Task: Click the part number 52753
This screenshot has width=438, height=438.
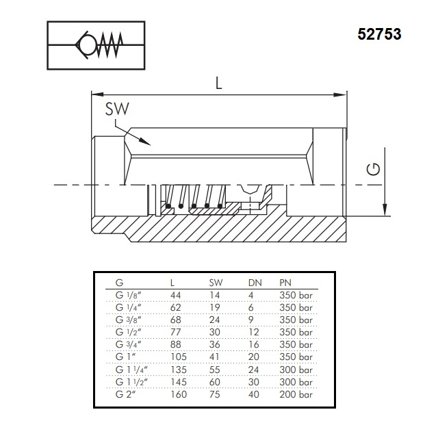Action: click(379, 34)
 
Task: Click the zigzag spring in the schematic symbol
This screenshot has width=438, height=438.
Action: click(109, 44)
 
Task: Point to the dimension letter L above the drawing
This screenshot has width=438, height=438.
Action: click(219, 83)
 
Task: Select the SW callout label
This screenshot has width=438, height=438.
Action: click(117, 109)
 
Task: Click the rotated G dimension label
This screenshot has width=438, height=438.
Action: click(374, 169)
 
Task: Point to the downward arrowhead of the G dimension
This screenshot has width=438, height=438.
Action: click(385, 210)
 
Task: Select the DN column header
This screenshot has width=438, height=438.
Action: click(255, 283)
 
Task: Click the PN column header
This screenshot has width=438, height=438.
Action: click(285, 283)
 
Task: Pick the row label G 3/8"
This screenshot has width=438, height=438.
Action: click(128, 320)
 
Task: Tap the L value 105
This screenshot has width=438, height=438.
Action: click(178, 357)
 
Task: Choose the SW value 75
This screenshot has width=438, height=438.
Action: click(214, 394)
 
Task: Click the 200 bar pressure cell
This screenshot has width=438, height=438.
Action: click(296, 394)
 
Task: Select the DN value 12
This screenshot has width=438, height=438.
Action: click(254, 332)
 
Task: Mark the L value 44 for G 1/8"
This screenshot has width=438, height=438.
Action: click(175, 295)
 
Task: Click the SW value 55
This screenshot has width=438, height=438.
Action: click(214, 370)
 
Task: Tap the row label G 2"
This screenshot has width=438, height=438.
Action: click(126, 394)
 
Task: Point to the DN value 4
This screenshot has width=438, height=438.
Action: click(251, 295)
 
